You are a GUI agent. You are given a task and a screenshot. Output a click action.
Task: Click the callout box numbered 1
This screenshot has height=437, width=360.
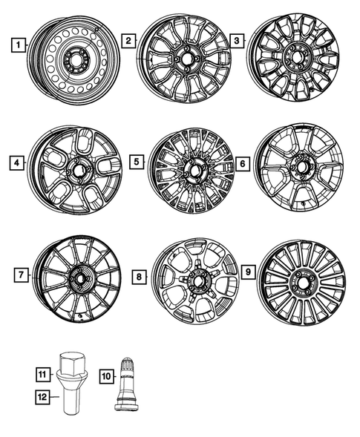[x=16, y=45]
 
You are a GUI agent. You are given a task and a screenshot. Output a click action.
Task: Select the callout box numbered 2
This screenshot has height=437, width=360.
[x=129, y=41]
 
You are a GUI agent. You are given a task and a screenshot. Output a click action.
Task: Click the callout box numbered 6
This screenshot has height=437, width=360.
[x=241, y=162]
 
